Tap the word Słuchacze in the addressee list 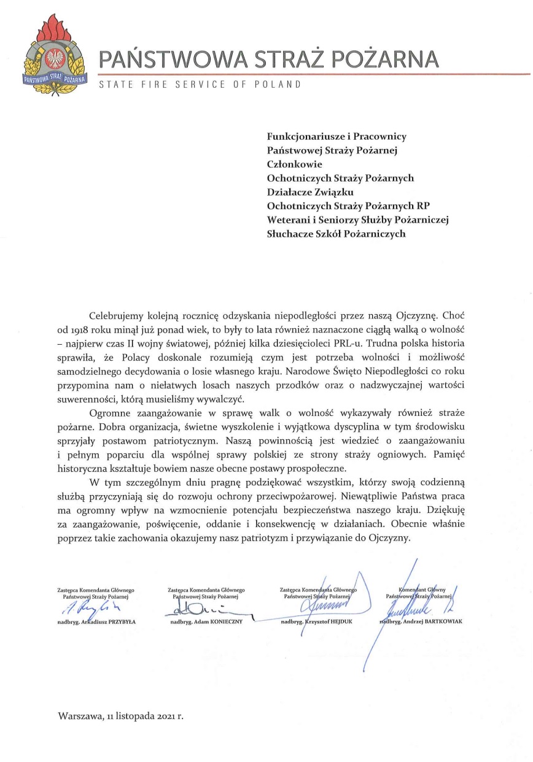tap(290, 234)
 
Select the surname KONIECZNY tap(227, 622)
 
